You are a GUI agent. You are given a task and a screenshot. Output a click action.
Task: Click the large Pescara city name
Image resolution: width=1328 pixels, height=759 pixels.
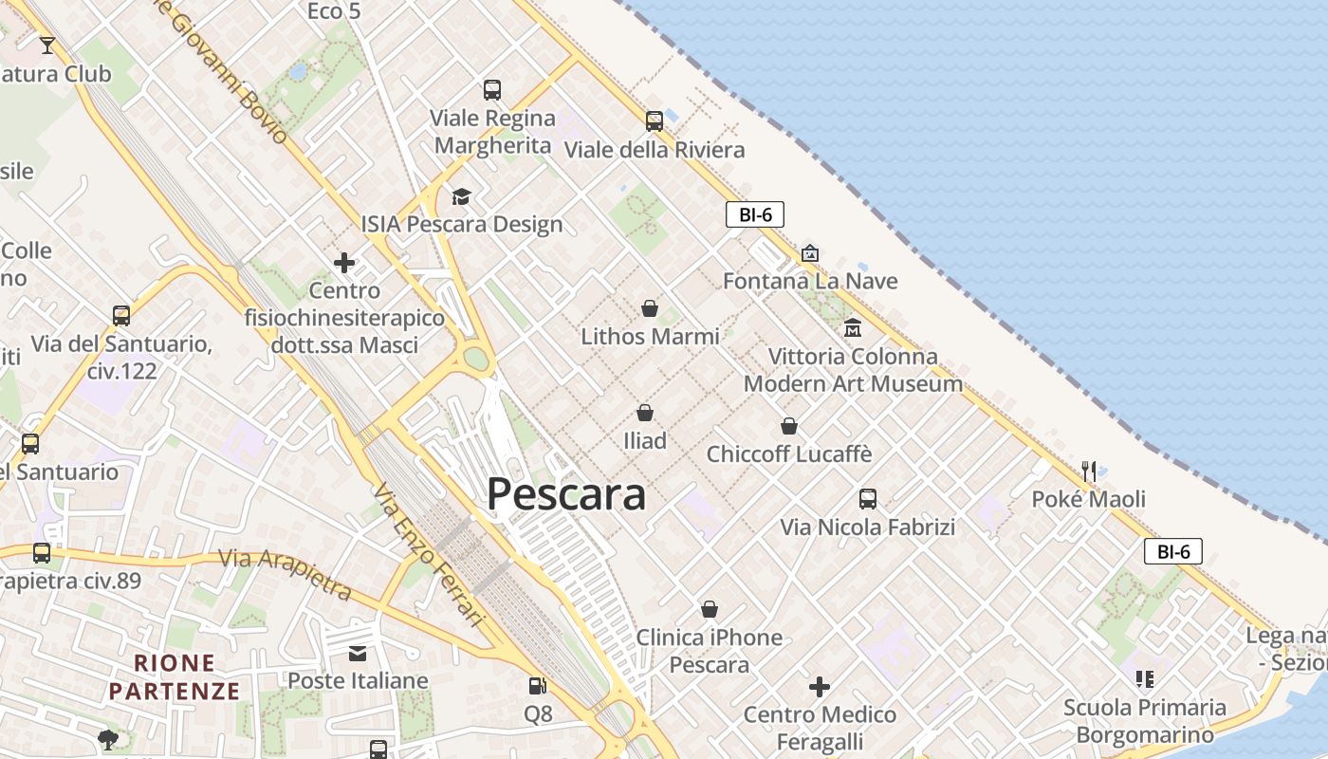(566, 494)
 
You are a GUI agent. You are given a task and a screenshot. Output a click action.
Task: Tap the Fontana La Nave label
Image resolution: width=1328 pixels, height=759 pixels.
(810, 281)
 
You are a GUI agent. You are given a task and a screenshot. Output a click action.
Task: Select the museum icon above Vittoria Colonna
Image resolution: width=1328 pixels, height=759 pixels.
(853, 328)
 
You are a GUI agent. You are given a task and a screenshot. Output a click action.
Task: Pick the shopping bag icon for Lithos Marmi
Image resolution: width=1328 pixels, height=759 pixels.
(650, 308)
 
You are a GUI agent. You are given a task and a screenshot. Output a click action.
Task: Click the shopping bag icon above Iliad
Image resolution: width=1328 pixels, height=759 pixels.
(645, 413)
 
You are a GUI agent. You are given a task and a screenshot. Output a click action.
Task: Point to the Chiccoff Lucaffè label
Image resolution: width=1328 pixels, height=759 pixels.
(788, 454)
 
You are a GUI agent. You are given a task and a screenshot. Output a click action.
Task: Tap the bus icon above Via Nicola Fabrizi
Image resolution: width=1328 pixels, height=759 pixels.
(867, 499)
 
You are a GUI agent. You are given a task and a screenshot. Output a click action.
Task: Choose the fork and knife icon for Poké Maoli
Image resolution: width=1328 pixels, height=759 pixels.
(1089, 471)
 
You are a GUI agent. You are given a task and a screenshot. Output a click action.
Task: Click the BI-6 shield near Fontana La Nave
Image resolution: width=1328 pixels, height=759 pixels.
(755, 214)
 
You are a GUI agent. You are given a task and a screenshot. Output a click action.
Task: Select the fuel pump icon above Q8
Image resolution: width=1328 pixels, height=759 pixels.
(537, 686)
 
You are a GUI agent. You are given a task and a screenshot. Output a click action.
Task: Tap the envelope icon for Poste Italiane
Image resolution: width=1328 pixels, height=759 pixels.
(358, 653)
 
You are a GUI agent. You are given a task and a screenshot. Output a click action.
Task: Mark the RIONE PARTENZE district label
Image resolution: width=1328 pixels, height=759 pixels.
(175, 676)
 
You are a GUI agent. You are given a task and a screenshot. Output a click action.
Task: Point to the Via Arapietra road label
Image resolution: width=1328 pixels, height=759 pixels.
(285, 573)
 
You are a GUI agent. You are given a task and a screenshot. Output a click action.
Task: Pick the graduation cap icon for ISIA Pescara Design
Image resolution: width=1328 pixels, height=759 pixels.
(461, 196)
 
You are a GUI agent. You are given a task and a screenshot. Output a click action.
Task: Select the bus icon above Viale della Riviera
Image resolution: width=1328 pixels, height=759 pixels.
(654, 121)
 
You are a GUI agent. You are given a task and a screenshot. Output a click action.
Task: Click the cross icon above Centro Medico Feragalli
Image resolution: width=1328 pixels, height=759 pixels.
(820, 686)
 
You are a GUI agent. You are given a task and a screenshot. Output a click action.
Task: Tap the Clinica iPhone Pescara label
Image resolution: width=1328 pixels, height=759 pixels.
(710, 651)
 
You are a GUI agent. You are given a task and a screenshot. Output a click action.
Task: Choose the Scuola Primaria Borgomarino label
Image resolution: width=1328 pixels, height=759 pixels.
(1144, 721)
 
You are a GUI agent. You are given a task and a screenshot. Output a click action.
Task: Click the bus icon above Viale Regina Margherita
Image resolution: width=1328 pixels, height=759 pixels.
(491, 90)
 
